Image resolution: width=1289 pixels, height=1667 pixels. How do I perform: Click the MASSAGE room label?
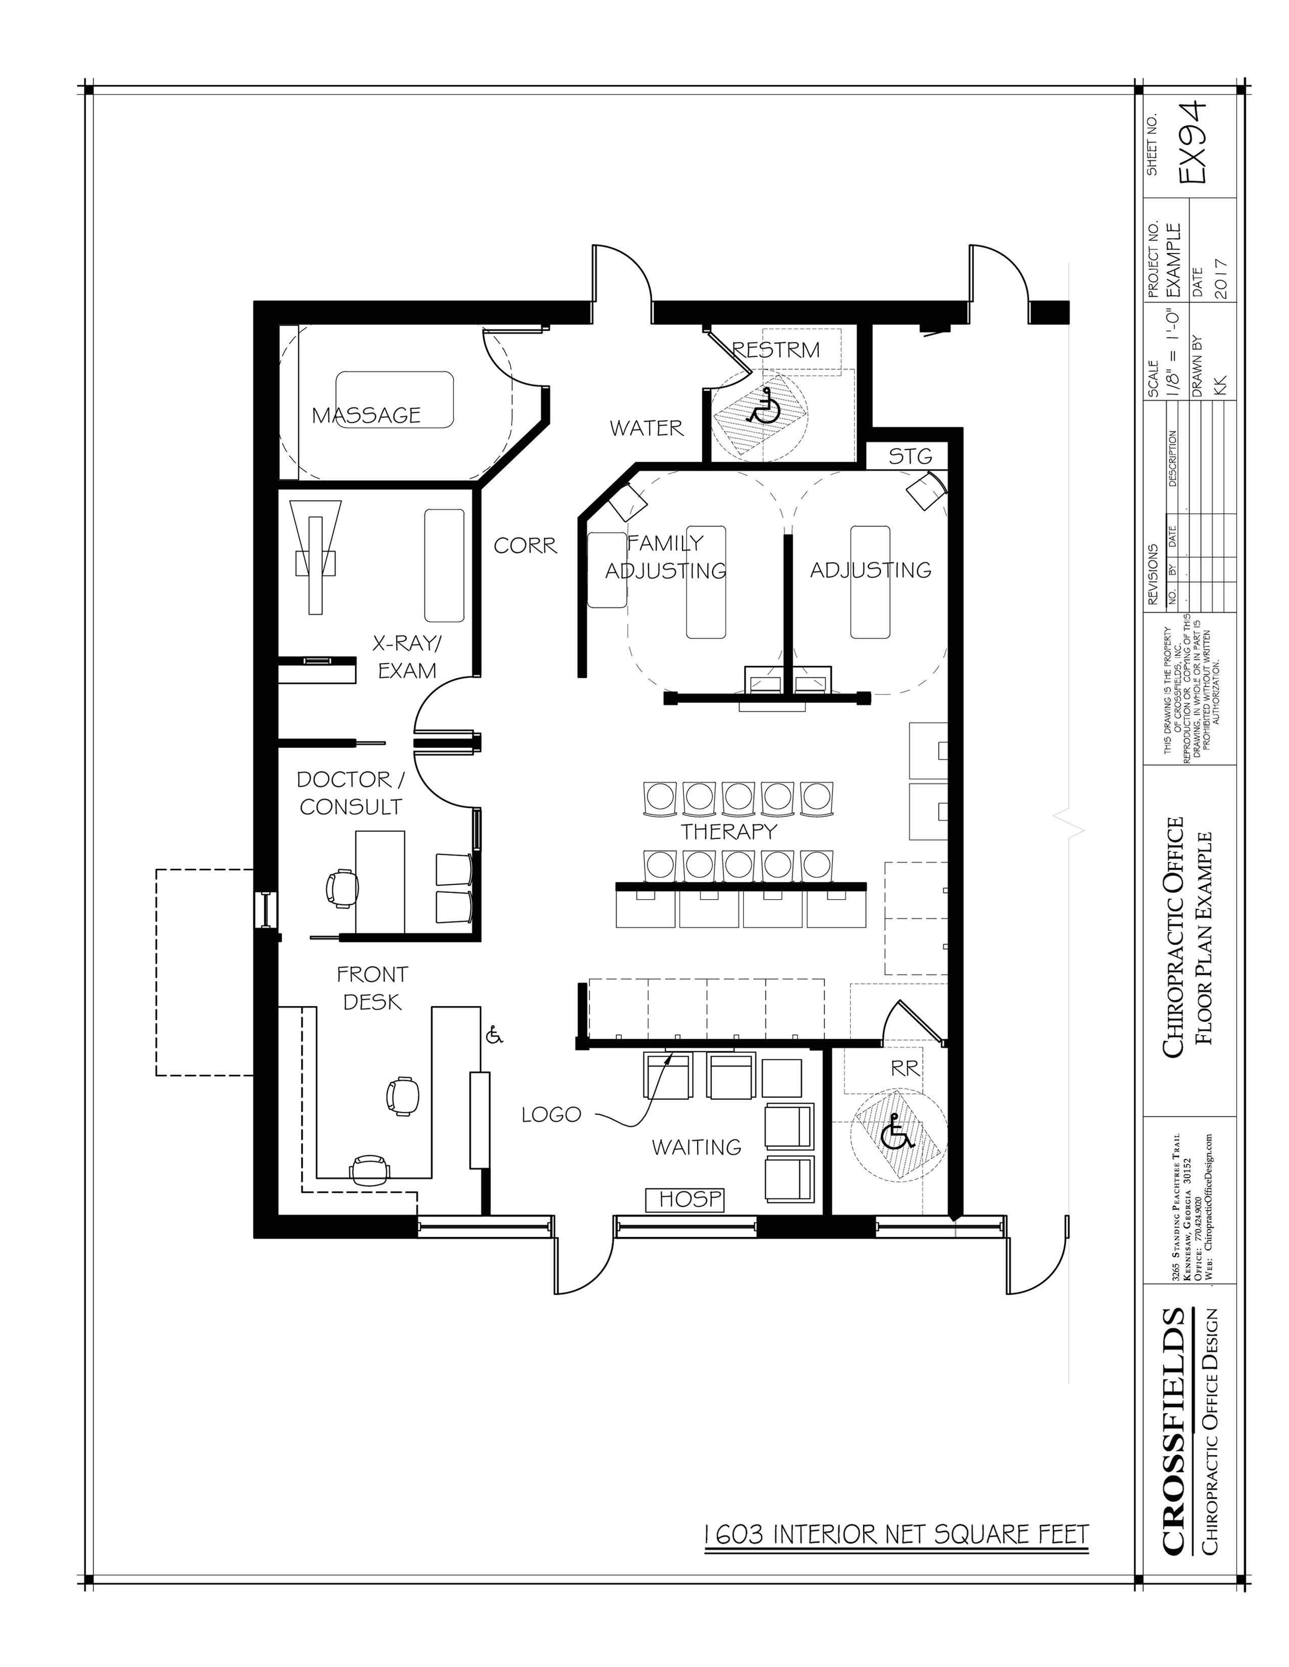tap(366, 415)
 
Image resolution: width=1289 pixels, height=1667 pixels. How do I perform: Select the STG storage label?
tap(910, 457)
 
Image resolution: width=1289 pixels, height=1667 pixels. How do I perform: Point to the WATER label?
tap(646, 428)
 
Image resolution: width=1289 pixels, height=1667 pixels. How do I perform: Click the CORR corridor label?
tap(525, 546)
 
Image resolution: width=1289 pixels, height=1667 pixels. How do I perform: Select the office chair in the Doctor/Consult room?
tap(341, 888)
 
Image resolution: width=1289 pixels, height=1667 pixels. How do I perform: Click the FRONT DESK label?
tap(372, 988)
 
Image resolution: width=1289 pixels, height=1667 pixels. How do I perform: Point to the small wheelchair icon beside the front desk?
tap(494, 1035)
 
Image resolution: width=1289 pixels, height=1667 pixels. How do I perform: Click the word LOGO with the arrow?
tap(550, 1114)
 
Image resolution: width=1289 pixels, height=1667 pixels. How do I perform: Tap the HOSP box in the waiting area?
tap(684, 1199)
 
